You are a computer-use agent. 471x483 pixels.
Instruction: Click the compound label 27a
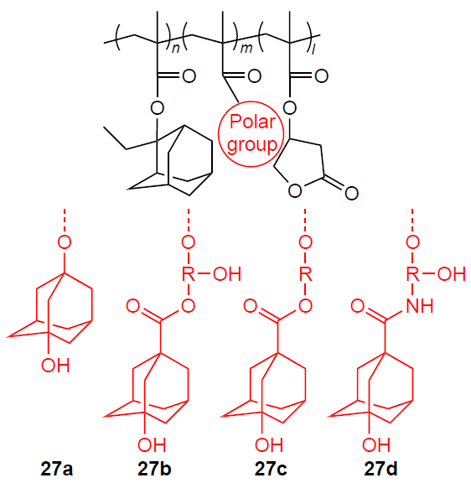tap(57, 470)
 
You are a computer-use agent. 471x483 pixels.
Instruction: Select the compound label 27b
tap(154, 470)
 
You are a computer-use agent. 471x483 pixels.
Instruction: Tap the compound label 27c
tap(271, 470)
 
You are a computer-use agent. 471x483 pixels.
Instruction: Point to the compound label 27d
tap(380, 470)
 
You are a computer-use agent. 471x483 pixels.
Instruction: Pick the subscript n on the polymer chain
tap(175, 49)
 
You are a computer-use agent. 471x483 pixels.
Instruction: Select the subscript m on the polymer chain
tap(246, 49)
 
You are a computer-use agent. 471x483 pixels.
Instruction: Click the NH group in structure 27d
tap(420, 306)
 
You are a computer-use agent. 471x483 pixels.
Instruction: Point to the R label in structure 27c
tap(305, 274)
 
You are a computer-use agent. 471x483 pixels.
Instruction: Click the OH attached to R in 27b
tap(227, 274)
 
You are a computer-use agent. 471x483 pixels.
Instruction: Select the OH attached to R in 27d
tap(451, 274)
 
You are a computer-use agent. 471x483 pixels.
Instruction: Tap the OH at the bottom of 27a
tap(55, 366)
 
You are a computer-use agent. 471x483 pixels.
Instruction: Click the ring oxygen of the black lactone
tap(295, 190)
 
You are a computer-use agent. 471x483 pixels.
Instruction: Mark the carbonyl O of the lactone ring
tap(351, 193)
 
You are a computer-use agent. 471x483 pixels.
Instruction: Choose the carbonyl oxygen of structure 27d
tap(358, 306)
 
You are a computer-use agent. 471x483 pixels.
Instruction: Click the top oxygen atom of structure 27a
tap(65, 242)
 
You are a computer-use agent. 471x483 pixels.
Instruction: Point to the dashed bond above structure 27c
tap(305, 221)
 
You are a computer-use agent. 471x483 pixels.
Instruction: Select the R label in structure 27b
tap(189, 274)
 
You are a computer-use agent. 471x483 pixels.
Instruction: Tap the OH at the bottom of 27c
tap(269, 444)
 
